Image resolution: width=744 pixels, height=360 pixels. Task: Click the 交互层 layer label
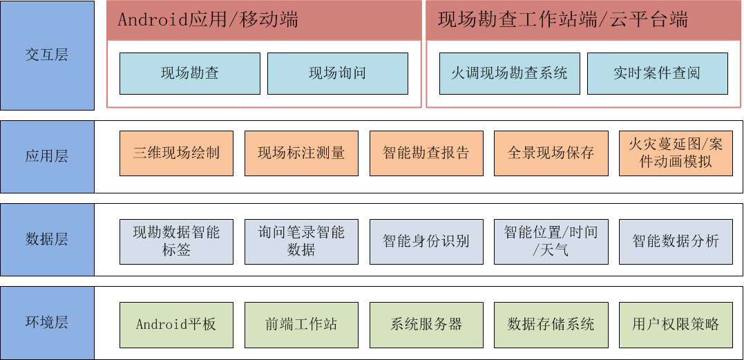(x=47, y=55)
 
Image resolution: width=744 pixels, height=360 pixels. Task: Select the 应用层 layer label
(x=47, y=157)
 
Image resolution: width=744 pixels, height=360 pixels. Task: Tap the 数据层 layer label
(x=47, y=240)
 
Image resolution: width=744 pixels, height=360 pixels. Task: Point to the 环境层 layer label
(x=47, y=323)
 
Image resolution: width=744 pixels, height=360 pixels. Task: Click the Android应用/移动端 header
(x=265, y=21)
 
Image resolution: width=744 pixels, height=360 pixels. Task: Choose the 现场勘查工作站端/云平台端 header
(x=584, y=21)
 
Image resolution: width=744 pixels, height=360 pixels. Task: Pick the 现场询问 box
(x=337, y=73)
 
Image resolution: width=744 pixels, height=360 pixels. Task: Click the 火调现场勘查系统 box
(x=510, y=73)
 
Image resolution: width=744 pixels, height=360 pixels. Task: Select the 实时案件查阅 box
(x=657, y=73)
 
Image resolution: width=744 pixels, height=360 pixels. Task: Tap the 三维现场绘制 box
(x=177, y=153)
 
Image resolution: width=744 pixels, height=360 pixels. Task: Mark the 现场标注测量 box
(x=301, y=153)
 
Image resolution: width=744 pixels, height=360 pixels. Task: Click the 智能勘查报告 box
(x=426, y=153)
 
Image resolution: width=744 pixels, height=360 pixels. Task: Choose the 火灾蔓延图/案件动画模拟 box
(x=676, y=153)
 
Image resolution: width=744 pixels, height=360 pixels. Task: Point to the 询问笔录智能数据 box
(x=301, y=241)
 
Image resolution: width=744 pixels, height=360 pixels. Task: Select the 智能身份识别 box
(x=426, y=241)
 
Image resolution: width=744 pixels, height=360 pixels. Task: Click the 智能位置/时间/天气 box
(x=551, y=241)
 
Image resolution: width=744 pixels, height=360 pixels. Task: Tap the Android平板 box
(x=177, y=325)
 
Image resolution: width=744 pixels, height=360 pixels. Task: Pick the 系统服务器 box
(x=426, y=325)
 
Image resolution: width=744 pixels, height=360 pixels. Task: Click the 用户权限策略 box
(x=676, y=325)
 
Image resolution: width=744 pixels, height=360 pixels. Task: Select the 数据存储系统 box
(x=551, y=325)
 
